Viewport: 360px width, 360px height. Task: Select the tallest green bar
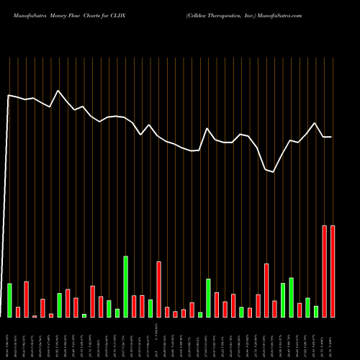point(125,287)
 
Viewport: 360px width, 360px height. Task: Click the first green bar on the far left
point(9,300)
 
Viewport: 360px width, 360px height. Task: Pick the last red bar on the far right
point(333,271)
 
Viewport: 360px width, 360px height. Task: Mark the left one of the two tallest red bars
point(324,271)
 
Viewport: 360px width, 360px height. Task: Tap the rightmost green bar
point(315,311)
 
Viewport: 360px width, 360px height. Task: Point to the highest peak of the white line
point(58,91)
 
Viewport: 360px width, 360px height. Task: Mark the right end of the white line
point(332,137)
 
